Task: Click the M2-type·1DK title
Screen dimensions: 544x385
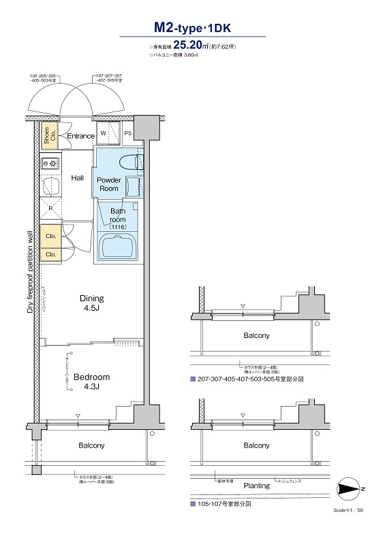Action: tap(193, 28)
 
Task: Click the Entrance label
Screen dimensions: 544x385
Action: tap(80, 136)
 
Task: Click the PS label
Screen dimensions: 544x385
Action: tap(128, 134)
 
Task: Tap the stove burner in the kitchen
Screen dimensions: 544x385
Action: tap(49, 163)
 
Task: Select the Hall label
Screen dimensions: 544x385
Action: tap(78, 177)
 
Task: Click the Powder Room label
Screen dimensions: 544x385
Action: tap(109, 184)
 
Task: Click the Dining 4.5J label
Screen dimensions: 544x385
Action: tap(93, 302)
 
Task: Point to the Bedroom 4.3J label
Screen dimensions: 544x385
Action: tap(92, 381)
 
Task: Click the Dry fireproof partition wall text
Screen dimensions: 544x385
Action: tap(31, 272)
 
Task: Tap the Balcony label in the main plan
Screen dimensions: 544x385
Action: tap(91, 445)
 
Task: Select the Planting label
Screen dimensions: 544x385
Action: tap(256, 486)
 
